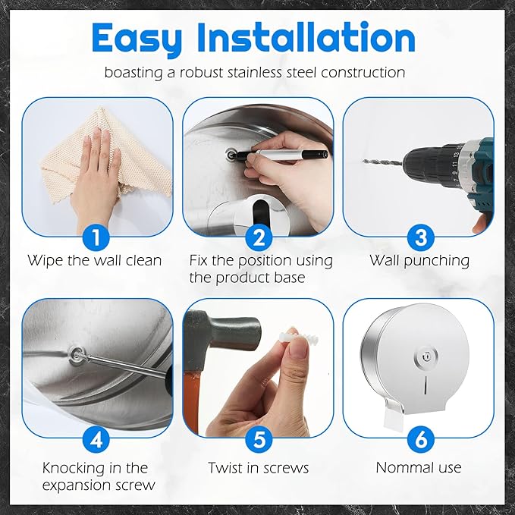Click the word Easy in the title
coord(137,39)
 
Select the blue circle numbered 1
coord(96,237)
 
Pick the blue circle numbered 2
coord(259,237)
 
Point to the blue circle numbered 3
coord(421,237)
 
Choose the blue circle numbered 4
coord(96,439)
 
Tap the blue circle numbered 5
coord(259,439)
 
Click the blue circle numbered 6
coord(421,439)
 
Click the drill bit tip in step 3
coord(363,161)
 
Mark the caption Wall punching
coord(419,260)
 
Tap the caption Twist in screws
coord(259,468)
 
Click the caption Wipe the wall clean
coord(95,260)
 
